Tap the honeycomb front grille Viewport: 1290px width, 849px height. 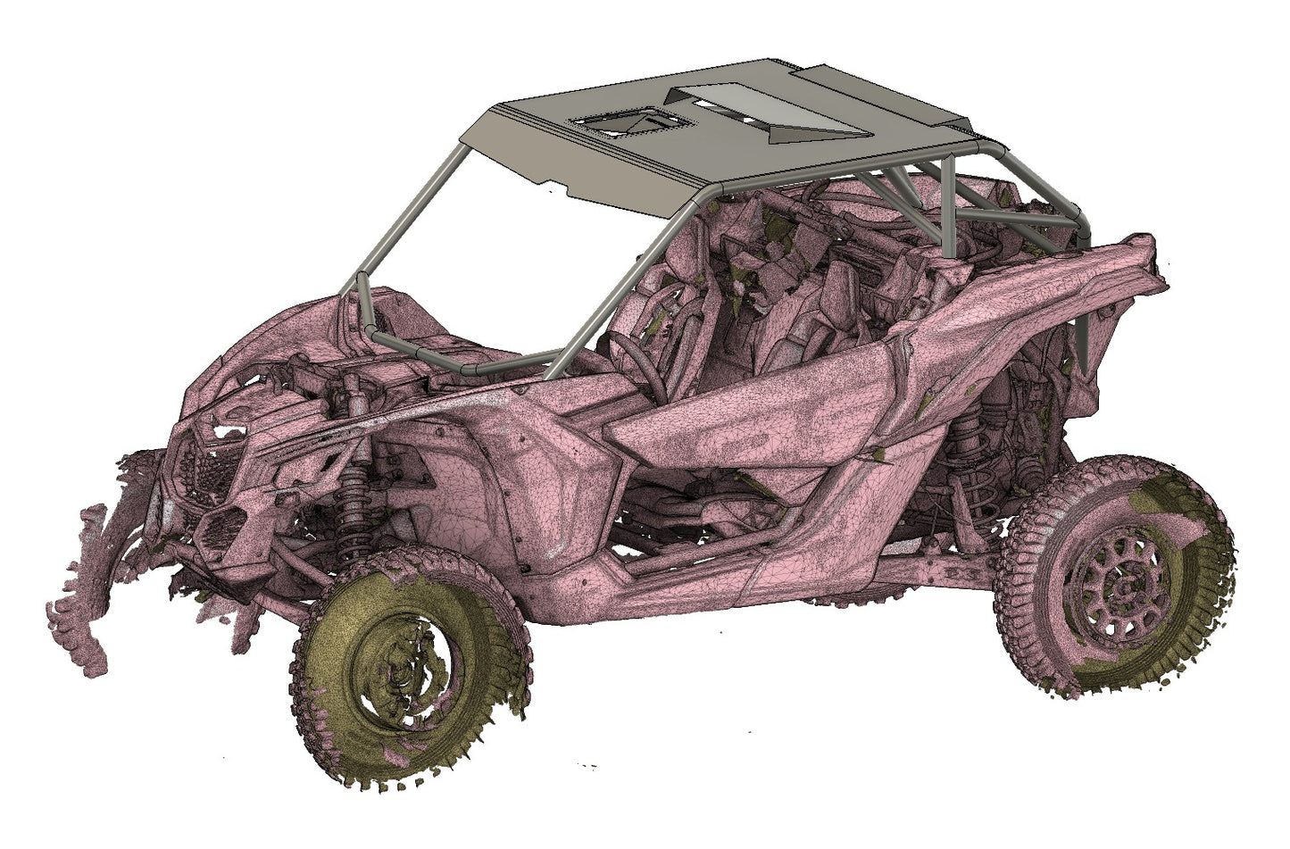pyautogui.click(x=204, y=482)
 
